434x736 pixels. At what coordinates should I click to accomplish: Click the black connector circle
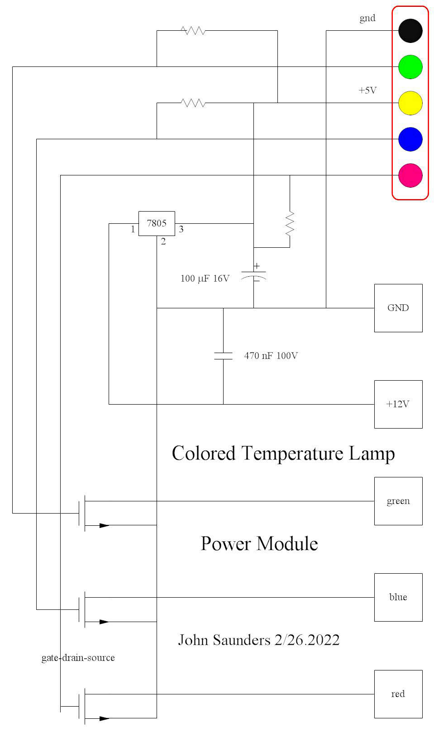(x=410, y=31)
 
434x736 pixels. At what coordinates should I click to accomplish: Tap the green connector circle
(x=410, y=67)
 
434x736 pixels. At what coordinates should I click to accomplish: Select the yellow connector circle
(x=410, y=103)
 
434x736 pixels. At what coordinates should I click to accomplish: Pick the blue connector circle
(x=410, y=139)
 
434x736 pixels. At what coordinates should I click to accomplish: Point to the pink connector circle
(x=410, y=175)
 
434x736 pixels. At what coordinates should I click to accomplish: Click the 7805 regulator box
(x=157, y=223)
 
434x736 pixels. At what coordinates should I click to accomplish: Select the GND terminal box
(x=398, y=308)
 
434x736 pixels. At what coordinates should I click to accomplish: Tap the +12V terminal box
(x=398, y=404)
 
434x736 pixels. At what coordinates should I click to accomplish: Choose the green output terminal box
(x=398, y=501)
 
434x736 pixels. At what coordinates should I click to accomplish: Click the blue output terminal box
(x=398, y=597)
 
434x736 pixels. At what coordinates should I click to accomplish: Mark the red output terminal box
(x=398, y=694)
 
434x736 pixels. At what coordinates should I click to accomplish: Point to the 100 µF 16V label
(x=205, y=278)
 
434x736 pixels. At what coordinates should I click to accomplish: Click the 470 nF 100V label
(x=271, y=356)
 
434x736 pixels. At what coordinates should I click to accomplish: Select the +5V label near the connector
(x=367, y=90)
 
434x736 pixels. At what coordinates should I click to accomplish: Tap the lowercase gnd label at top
(x=367, y=18)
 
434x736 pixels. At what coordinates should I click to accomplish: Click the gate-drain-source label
(x=78, y=658)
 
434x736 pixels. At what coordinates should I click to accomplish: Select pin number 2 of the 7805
(x=163, y=242)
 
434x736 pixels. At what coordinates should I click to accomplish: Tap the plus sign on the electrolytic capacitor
(x=257, y=266)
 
